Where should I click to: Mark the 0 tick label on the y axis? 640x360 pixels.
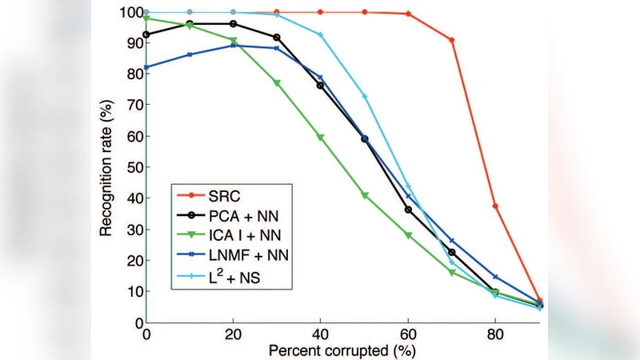136,322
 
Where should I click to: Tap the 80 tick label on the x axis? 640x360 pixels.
496,335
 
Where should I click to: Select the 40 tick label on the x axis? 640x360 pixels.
320,335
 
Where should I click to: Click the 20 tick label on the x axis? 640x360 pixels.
233,335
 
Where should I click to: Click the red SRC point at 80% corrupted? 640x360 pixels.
496,206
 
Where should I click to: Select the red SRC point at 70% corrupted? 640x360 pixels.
452,40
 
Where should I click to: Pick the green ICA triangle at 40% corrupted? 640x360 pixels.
321,138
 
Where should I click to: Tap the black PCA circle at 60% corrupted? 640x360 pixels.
408,210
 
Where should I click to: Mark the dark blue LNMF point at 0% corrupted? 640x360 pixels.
146,67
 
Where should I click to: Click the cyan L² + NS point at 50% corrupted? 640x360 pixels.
365,97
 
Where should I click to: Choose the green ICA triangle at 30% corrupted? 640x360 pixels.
277,83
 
